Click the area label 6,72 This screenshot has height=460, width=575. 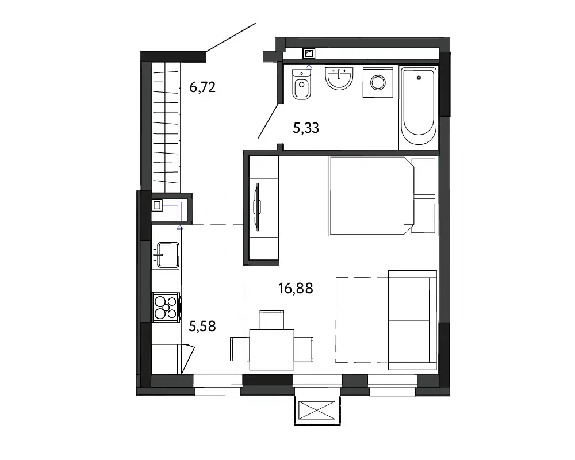pyautogui.click(x=202, y=87)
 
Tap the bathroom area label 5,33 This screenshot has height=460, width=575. pyautogui.click(x=306, y=128)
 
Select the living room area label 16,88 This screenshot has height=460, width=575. pyautogui.click(x=296, y=288)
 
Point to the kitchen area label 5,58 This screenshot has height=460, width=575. pyautogui.click(x=202, y=326)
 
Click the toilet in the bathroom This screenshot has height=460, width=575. pyautogui.click(x=302, y=84)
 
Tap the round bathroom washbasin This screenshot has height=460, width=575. pyautogui.click(x=339, y=78)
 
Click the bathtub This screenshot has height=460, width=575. pyautogui.click(x=419, y=108)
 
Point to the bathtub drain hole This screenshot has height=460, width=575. pyautogui.click(x=419, y=78)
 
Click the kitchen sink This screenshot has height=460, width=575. pyautogui.click(x=167, y=255)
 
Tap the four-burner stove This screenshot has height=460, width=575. pyautogui.click(x=166, y=308)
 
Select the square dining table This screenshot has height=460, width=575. pyautogui.click(x=272, y=350)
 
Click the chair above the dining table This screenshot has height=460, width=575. pyautogui.click(x=272, y=320)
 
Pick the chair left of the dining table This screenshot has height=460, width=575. pyautogui.click(x=240, y=349)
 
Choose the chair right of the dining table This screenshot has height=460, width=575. pyautogui.click(x=304, y=349)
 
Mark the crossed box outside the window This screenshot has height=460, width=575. pyautogui.click(x=317, y=410)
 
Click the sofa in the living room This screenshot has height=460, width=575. pyautogui.click(x=412, y=320)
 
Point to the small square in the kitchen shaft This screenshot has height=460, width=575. pyautogui.click(x=157, y=205)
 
